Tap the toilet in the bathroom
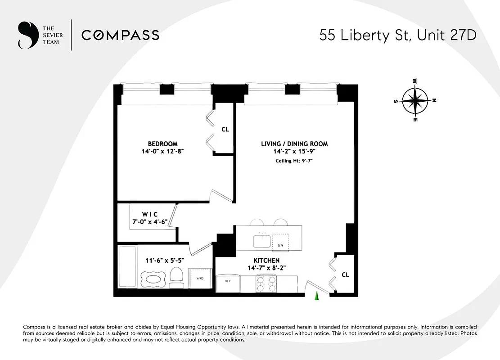point(176,276)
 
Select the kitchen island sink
point(261,241)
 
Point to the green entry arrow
point(316,295)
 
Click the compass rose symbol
point(414,101)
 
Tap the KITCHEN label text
point(266,261)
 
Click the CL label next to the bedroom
point(225,129)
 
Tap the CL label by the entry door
point(345,274)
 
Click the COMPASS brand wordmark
point(120,35)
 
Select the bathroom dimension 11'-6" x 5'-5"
point(165,260)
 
